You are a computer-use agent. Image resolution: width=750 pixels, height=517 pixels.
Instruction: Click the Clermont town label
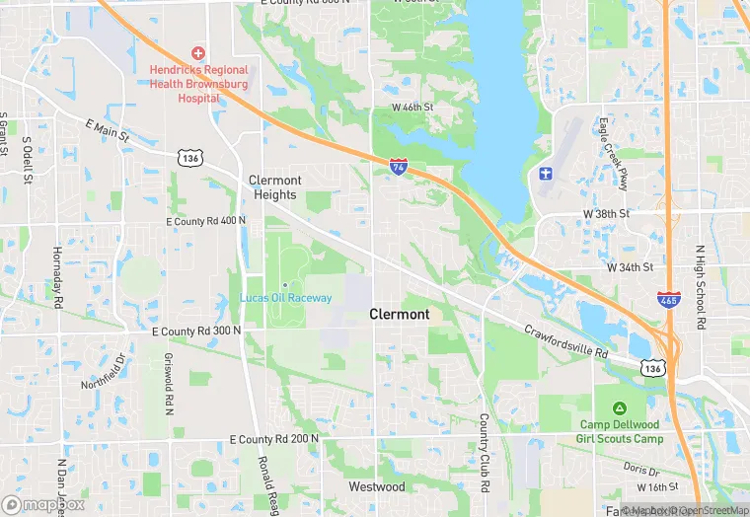[x=400, y=314]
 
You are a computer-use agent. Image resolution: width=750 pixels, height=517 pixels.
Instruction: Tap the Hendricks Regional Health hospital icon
[x=198, y=51]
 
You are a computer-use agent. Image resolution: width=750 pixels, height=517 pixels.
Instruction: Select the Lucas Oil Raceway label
[x=286, y=297]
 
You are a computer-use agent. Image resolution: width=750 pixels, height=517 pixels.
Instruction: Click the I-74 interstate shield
[x=398, y=168]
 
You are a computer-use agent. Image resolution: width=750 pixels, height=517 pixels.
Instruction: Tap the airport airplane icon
[x=545, y=175]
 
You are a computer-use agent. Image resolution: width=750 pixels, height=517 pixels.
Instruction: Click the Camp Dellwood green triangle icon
[x=619, y=408]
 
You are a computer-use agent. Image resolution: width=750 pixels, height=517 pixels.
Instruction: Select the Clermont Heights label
[x=274, y=187]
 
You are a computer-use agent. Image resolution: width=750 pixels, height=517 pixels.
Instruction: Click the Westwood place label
[x=377, y=486]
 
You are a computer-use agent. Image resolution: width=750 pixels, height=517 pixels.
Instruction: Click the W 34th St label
[x=630, y=267]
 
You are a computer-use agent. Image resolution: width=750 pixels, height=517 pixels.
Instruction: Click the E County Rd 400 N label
[x=206, y=221]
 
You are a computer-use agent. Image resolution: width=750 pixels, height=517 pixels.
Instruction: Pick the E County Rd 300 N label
[x=197, y=332]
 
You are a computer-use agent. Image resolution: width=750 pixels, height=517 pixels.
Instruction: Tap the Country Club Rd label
[x=485, y=452]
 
